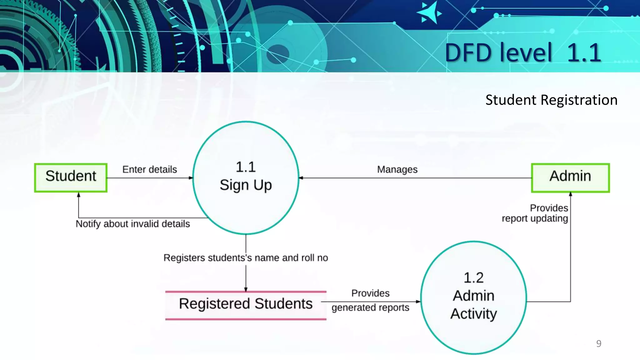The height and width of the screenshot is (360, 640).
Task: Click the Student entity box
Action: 71,177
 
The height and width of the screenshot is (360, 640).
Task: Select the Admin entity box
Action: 570,177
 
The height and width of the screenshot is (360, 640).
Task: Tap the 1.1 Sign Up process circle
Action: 246,177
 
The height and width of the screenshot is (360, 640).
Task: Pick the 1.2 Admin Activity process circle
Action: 473,297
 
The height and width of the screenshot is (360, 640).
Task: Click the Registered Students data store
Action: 246,305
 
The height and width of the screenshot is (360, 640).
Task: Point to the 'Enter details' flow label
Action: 149,169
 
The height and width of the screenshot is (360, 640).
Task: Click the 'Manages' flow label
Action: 397,169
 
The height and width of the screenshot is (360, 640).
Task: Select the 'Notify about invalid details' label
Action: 133,224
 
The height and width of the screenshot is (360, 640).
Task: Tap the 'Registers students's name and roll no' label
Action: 246,258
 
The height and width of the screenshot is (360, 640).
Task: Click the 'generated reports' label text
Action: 370,307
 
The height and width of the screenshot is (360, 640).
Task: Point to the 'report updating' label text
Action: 535,218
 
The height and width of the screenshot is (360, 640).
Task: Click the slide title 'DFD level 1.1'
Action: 523,52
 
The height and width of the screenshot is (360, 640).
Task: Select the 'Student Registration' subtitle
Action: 551,100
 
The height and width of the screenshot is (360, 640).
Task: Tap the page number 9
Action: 599,343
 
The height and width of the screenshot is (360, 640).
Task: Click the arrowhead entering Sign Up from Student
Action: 191,178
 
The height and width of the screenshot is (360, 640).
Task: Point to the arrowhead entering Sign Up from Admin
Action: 301,178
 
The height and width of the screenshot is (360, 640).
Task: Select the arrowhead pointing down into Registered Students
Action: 246,289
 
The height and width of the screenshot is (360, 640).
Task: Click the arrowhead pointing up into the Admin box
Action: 570,194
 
